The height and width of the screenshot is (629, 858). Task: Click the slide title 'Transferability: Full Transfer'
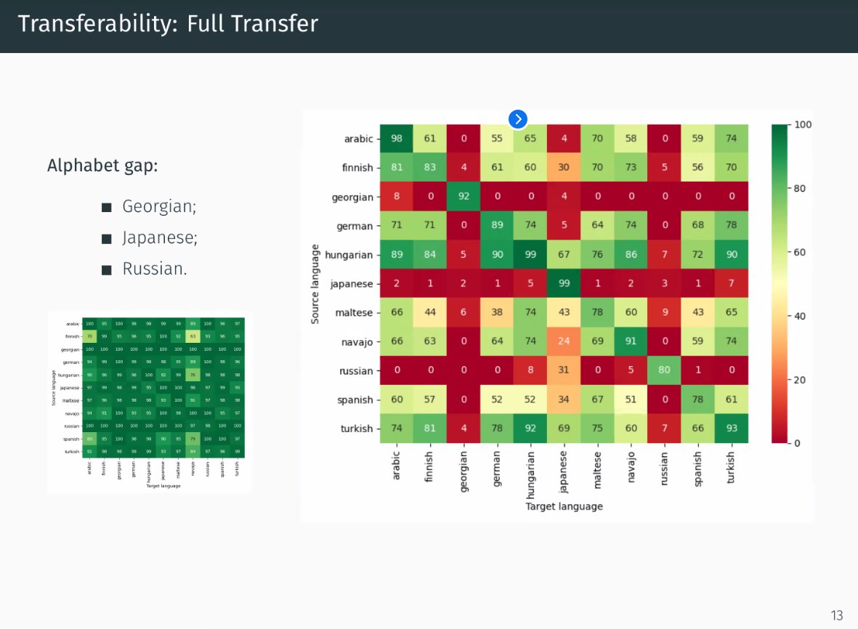point(168,24)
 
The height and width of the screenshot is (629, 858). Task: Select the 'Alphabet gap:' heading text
point(102,166)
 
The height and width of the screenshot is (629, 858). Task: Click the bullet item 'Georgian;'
point(159,206)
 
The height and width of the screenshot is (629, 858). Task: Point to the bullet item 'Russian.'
point(155,269)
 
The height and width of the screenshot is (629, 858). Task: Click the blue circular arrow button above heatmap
point(517,119)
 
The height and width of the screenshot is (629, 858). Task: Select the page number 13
point(837,616)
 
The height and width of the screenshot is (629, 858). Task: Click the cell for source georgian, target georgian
point(464,197)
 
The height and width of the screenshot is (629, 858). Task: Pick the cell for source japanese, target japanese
point(564,283)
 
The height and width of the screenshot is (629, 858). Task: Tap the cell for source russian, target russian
point(665,370)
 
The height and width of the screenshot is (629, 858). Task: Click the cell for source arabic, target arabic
point(397,139)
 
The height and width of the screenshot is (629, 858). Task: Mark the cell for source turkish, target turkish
point(732,429)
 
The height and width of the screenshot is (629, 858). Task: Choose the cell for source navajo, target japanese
point(564,341)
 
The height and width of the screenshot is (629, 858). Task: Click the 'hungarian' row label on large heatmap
point(348,255)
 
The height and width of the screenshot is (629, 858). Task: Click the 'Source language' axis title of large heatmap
point(315,284)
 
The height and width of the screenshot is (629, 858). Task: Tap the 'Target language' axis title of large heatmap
point(564,506)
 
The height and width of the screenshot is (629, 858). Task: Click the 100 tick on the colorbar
point(804,125)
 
